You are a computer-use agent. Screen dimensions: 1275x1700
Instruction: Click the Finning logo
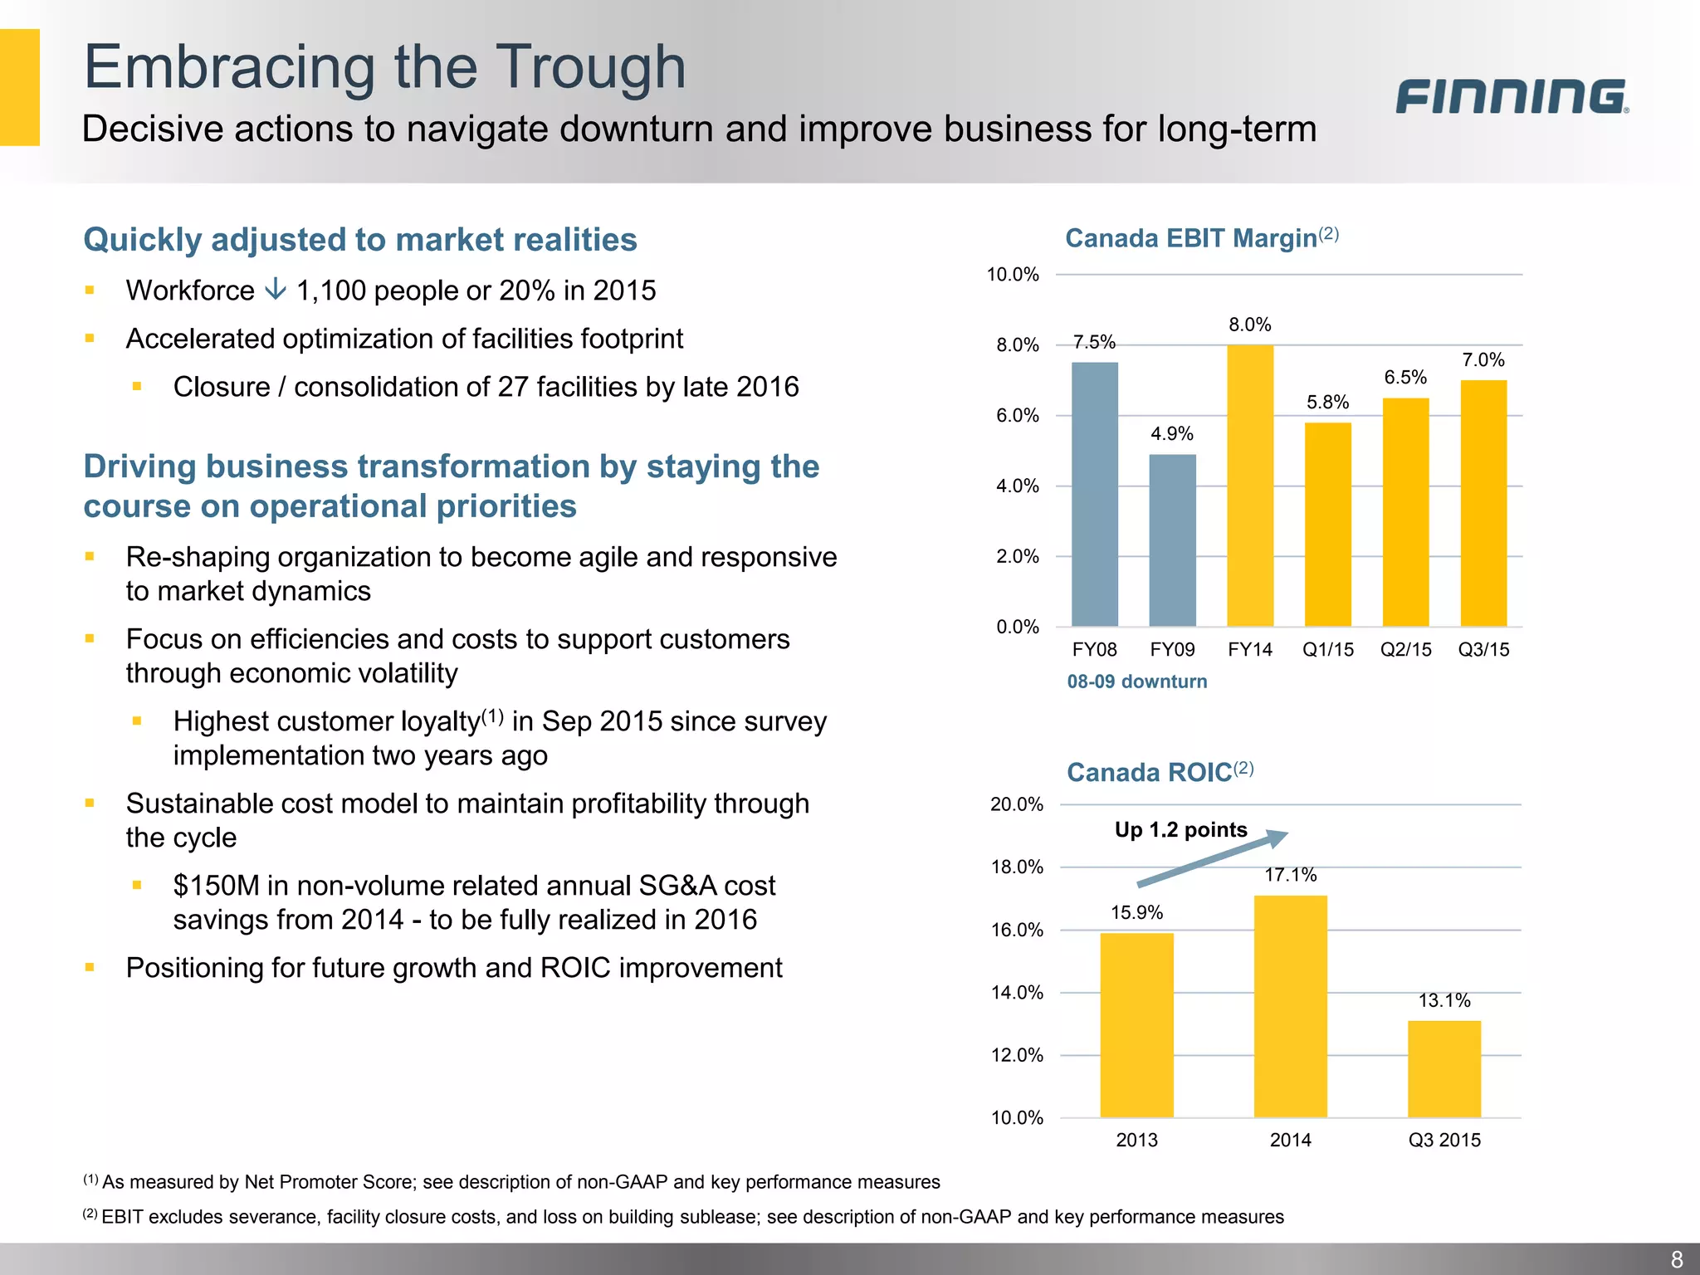point(1511,96)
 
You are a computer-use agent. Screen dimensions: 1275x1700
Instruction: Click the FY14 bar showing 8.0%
point(1250,486)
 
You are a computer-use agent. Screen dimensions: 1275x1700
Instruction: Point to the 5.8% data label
point(1327,403)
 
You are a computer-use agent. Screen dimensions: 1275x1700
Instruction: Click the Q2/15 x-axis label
point(1405,650)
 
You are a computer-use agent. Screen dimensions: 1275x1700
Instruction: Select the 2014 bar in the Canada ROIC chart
point(1290,1006)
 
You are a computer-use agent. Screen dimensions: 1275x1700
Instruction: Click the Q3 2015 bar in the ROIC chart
point(1444,1069)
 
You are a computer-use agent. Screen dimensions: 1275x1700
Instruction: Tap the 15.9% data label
point(1136,913)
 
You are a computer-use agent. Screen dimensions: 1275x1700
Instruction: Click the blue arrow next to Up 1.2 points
point(1212,859)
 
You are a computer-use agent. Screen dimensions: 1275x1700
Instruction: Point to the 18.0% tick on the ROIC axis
point(1017,867)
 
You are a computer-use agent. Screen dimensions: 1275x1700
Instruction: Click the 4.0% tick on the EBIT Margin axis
point(1017,486)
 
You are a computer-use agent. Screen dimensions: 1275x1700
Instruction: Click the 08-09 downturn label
point(1136,681)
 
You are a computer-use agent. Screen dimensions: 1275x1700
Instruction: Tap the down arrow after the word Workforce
point(275,290)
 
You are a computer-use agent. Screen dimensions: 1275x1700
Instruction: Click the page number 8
point(1676,1259)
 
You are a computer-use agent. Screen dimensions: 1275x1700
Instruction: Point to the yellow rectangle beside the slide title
point(19,87)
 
